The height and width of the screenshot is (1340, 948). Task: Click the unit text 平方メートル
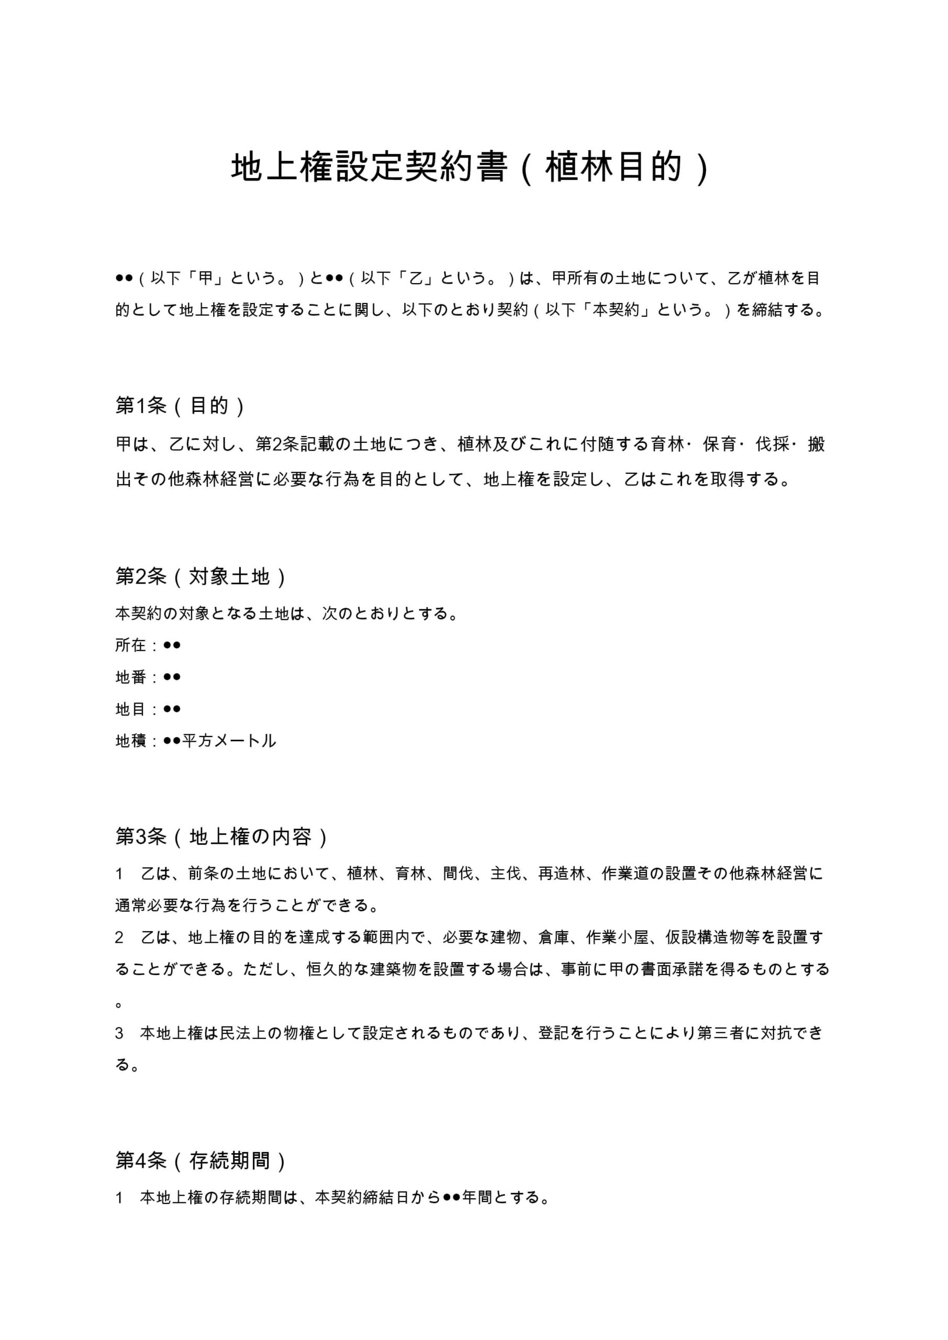[229, 741]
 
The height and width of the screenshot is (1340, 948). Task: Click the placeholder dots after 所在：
[172, 645]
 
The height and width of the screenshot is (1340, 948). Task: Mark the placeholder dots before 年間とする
[451, 1198]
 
